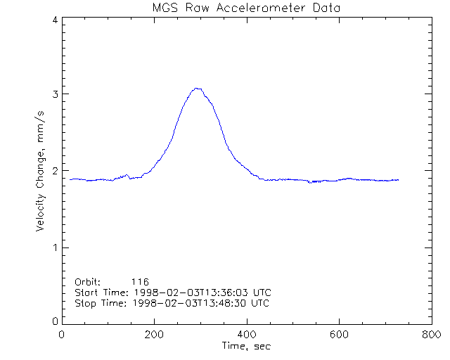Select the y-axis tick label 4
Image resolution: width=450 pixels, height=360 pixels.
54,20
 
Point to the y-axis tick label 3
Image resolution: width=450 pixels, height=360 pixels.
54,94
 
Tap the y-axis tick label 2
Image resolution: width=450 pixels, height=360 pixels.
54,171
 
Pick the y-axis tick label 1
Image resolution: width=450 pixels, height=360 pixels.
54,247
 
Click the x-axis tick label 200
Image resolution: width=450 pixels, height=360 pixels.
154,335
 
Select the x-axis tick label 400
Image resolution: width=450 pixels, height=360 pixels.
246,335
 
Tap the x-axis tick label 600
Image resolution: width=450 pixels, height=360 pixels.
338,335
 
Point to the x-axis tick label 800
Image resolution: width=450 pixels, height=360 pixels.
430,335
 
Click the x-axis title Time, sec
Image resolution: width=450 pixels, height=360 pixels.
246,346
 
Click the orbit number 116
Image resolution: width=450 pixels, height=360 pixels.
149,281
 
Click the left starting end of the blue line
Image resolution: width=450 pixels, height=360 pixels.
71,179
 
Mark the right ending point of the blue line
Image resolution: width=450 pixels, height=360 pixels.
399,180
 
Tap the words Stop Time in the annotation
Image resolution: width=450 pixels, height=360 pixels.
98,303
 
